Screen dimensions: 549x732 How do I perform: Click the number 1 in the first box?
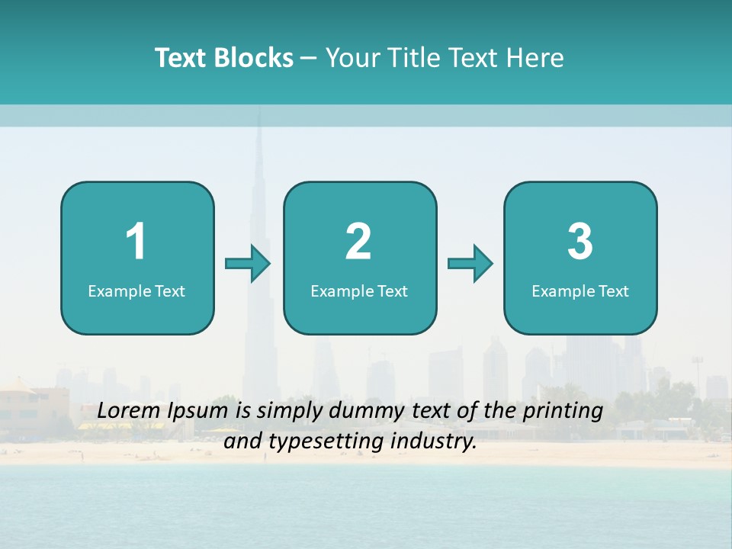point(136,242)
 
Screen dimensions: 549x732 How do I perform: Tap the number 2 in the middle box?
point(358,242)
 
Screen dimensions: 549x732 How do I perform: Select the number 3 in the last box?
point(580,242)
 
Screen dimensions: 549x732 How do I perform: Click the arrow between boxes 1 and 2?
point(249,264)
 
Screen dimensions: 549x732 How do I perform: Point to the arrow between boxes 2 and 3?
point(470,264)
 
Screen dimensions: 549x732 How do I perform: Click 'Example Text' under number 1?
point(136,291)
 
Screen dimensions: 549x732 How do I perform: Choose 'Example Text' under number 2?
point(359,291)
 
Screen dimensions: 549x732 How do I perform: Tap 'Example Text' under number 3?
point(580,291)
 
